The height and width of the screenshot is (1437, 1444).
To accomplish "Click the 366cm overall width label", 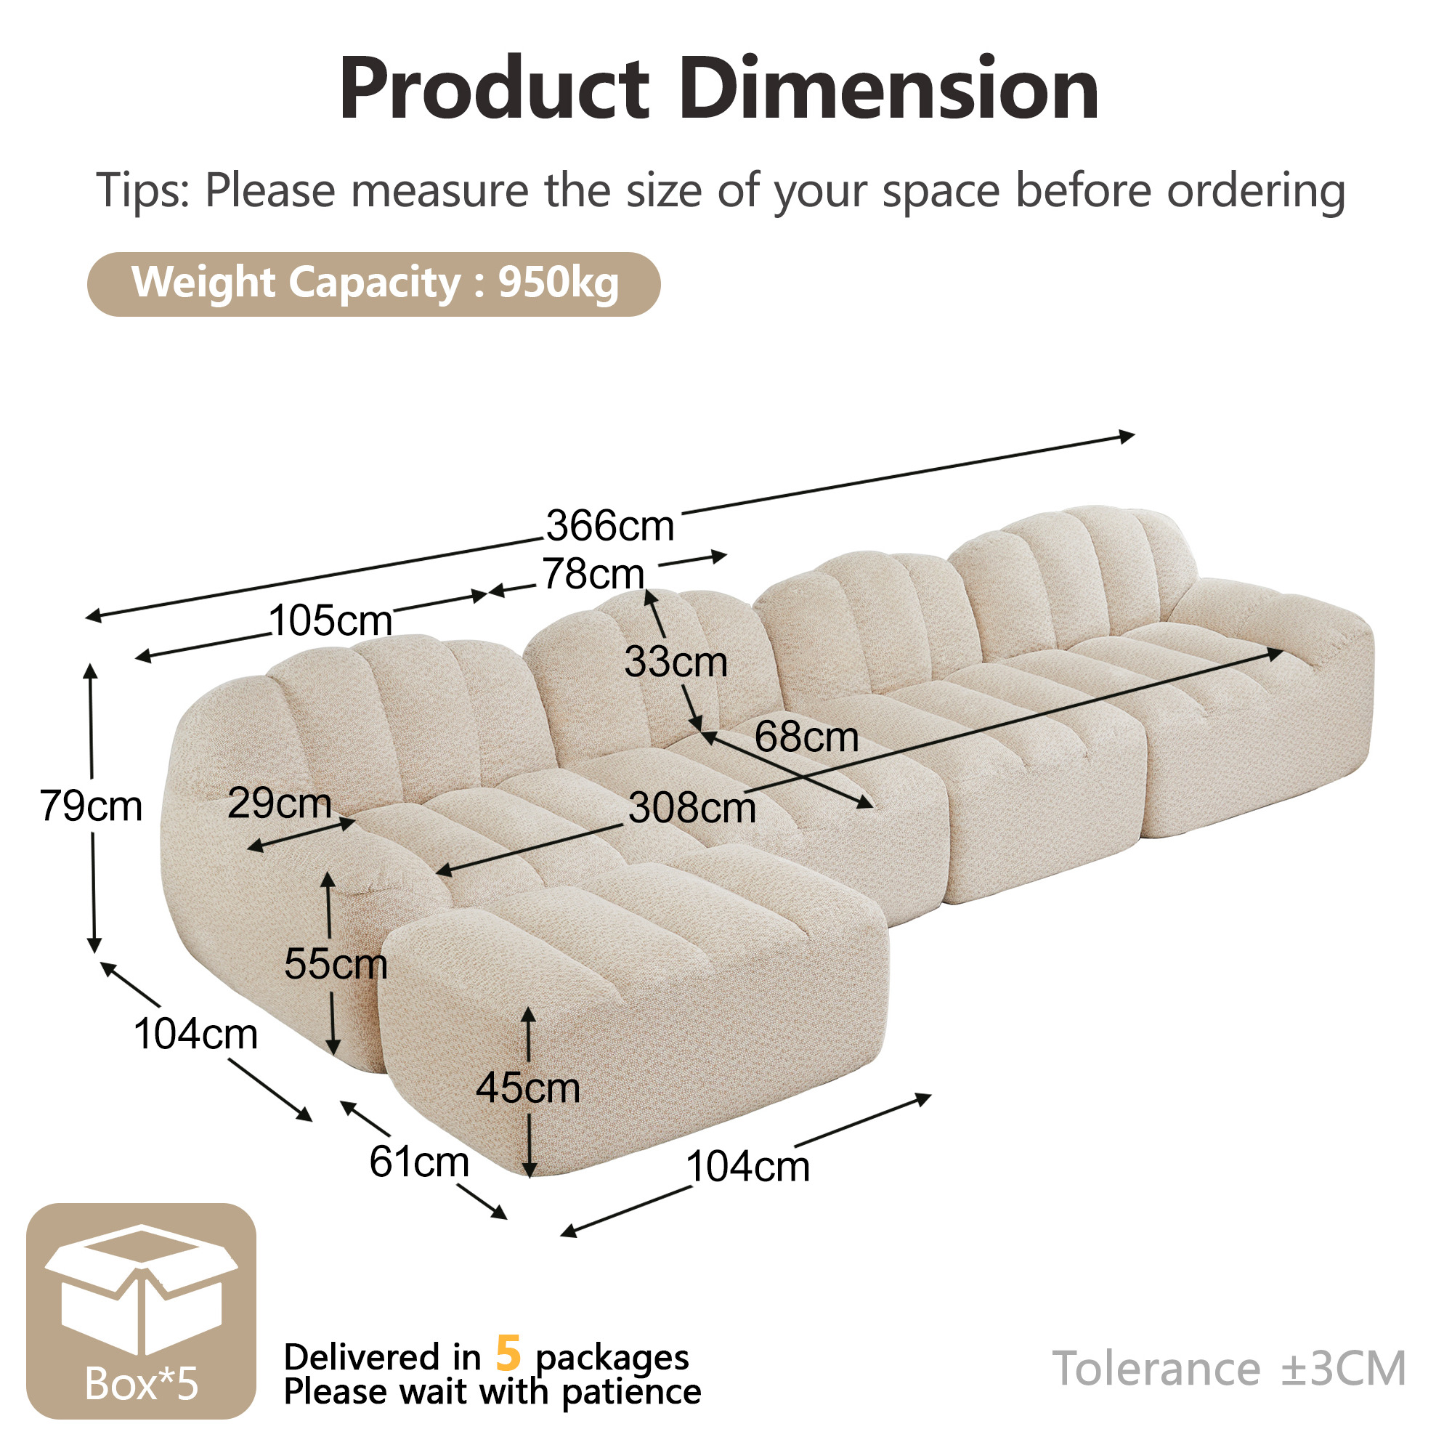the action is [x=610, y=525].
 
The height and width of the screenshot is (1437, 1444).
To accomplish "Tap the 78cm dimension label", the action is [x=593, y=574].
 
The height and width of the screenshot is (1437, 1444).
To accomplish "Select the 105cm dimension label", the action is [x=330, y=620].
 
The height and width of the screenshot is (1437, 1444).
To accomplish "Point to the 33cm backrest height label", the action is [x=676, y=662].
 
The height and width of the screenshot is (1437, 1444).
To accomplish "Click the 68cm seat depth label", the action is [x=806, y=737].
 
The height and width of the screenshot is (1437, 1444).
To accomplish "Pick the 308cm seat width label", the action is [x=692, y=807].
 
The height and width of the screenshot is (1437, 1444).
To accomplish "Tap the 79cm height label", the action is [x=91, y=806].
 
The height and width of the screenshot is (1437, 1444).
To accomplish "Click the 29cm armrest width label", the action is [x=280, y=803].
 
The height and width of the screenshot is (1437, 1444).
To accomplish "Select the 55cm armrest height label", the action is [x=336, y=963].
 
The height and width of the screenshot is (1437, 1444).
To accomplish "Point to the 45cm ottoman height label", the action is [x=527, y=1087].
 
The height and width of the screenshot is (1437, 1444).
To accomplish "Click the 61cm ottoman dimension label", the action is [x=418, y=1162].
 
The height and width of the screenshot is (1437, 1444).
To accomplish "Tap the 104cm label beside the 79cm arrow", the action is [x=196, y=1035].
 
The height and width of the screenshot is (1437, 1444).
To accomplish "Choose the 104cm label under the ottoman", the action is [x=747, y=1166].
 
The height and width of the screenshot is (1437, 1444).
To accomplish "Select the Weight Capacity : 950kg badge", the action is [x=373, y=284].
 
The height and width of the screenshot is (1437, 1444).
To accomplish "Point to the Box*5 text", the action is [x=141, y=1384].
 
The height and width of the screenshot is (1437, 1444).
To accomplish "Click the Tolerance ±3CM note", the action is [x=1229, y=1368].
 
